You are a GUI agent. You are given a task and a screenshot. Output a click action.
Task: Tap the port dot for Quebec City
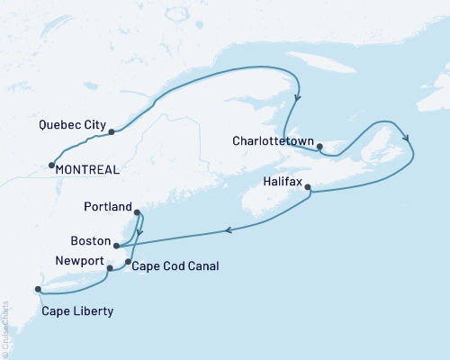[112, 132]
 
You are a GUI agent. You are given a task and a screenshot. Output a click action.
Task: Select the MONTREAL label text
[88, 168]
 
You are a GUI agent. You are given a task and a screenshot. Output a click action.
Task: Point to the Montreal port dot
[51, 165]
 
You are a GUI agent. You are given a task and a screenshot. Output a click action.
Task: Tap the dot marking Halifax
[309, 188]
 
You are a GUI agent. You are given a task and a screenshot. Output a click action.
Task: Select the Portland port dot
[137, 213]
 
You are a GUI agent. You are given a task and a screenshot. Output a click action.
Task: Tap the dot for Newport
[110, 268]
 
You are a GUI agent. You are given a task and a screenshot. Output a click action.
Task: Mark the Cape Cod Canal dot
[128, 262]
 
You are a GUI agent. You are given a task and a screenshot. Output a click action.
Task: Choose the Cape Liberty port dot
[38, 289]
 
